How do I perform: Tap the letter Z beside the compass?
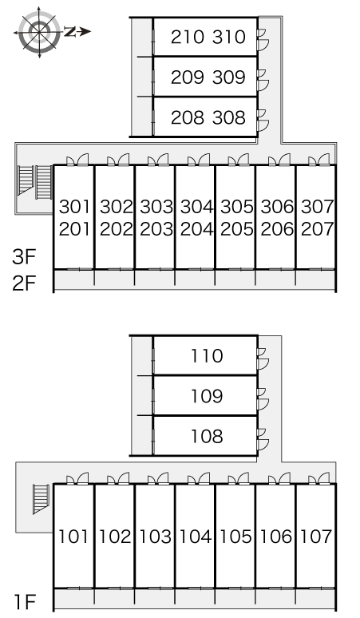[x=70, y=32]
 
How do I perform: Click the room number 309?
[x=231, y=77]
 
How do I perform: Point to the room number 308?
[x=231, y=118]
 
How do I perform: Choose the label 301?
[x=75, y=207]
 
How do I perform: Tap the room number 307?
[x=317, y=207]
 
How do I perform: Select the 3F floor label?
[x=23, y=258]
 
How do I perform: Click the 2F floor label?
[x=23, y=283]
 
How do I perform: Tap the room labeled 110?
[x=208, y=356]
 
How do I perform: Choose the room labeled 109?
[x=208, y=397]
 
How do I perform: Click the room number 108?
[x=208, y=438]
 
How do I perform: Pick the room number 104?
[x=196, y=536]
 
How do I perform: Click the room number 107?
[x=317, y=536]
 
